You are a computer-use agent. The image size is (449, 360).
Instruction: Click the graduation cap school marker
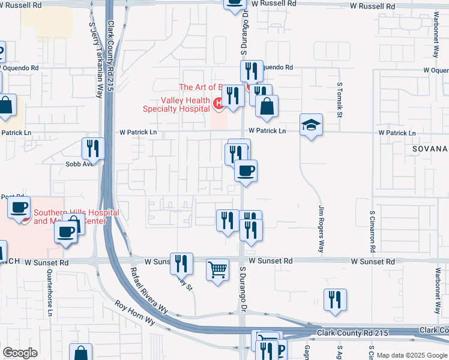(x=311, y=125)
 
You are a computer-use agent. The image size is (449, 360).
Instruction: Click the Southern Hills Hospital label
(x=76, y=217)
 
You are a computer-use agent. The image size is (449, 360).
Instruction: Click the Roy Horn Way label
(x=136, y=313)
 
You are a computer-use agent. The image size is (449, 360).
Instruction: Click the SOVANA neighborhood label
(x=430, y=148)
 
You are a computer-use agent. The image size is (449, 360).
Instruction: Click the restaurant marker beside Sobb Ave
(x=93, y=148)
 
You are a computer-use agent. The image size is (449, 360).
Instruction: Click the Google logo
(x=20, y=353)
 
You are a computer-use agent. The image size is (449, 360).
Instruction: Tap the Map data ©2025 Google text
(x=411, y=355)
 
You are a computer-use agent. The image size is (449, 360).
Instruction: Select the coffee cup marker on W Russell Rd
(x=235, y=3)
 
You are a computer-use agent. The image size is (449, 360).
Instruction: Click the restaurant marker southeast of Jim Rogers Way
(x=335, y=300)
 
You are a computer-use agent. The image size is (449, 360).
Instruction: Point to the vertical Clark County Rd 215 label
(x=111, y=57)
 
